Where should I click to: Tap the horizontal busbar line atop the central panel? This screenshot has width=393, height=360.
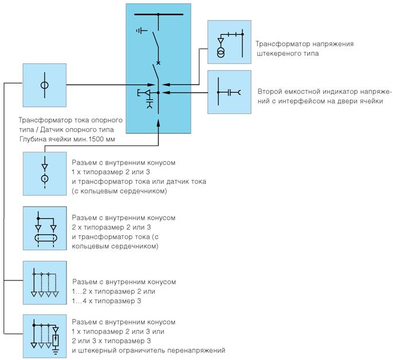point(159,14)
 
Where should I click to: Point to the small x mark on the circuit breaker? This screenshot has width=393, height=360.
point(158,63)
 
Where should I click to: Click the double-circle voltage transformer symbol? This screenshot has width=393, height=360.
point(221,52)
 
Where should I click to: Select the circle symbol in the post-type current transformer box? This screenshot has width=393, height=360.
point(45,85)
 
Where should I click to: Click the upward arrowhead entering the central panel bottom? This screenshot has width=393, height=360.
point(158,123)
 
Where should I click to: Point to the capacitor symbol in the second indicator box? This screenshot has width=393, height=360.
point(229,93)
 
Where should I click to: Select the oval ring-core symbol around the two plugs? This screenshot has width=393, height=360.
point(46,238)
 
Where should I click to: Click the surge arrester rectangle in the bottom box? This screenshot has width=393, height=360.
point(56,340)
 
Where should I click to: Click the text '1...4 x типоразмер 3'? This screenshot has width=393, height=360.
point(107,300)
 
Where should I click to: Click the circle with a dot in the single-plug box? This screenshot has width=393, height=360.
point(45,179)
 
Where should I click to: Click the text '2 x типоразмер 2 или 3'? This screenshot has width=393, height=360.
point(111,227)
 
